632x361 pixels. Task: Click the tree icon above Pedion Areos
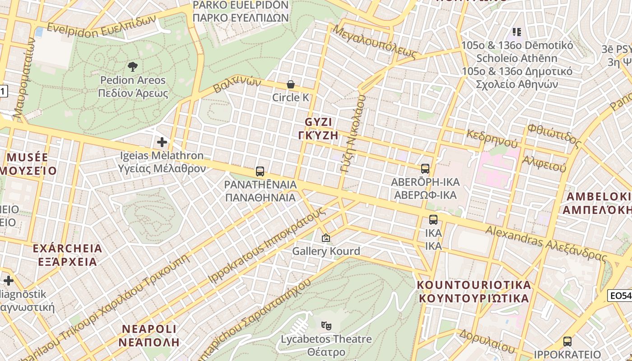(x=133, y=67)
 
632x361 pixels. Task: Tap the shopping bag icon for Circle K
(x=291, y=84)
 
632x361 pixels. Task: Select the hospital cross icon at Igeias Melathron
(x=162, y=142)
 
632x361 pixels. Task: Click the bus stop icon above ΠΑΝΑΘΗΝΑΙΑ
(x=260, y=171)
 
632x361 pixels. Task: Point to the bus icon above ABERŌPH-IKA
(x=425, y=169)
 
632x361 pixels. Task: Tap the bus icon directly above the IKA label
(x=433, y=220)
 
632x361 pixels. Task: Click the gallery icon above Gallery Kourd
(x=326, y=237)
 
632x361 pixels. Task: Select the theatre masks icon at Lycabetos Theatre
(x=326, y=325)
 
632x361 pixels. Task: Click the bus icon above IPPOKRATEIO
(x=567, y=341)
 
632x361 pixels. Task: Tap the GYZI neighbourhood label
(x=318, y=122)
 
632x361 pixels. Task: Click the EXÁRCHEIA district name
(x=67, y=249)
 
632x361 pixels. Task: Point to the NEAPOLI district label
(x=149, y=329)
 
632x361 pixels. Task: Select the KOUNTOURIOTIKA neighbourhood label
(x=474, y=285)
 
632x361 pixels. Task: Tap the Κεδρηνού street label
(x=492, y=139)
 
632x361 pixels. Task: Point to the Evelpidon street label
(x=72, y=30)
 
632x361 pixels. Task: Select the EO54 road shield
(x=619, y=296)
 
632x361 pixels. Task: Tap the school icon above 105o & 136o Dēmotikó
(x=517, y=32)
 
